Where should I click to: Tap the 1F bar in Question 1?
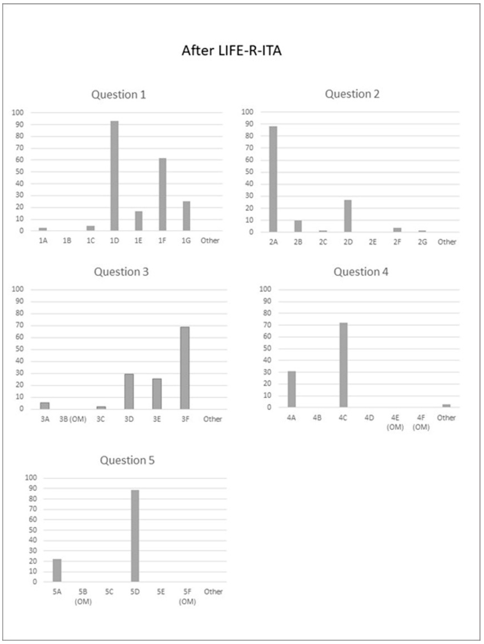(162, 194)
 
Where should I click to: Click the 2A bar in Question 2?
(273, 179)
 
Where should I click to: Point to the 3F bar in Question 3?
(185, 368)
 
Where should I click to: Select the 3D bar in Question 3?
(129, 391)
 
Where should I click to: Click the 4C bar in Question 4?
(343, 365)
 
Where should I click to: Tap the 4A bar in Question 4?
(292, 389)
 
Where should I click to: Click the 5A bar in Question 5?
(57, 570)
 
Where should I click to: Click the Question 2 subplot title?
(352, 94)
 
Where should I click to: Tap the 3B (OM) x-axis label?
(73, 419)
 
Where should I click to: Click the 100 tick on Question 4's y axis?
(265, 289)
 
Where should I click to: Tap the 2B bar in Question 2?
(298, 226)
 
